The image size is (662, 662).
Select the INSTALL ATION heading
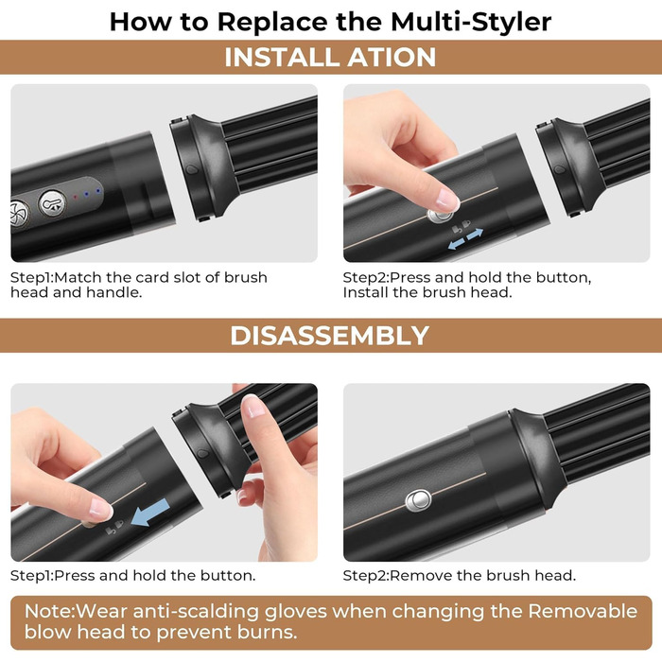(330, 58)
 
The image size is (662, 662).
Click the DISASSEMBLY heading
(330, 336)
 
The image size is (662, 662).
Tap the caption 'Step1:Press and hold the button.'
(132, 575)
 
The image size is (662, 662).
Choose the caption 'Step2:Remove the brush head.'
(459, 575)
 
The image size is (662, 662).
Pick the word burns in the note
(277, 632)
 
